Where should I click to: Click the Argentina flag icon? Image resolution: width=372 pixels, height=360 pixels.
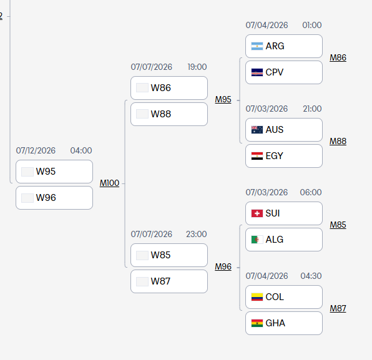point(257,46)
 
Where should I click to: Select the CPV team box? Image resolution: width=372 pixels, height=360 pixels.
point(284,72)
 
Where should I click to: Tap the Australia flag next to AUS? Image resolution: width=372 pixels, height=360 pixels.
point(257,130)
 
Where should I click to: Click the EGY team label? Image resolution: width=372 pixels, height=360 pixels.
point(274,156)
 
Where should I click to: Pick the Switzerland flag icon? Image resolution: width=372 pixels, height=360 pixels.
point(257,213)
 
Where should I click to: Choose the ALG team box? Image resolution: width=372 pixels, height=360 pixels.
point(284,240)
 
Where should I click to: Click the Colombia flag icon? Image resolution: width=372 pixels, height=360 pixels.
point(257,297)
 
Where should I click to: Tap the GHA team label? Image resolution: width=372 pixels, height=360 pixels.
point(275,323)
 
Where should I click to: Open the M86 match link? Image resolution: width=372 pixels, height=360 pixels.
point(338,57)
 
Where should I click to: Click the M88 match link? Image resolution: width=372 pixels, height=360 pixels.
point(338,141)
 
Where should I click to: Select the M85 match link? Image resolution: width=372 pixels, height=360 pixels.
point(338,225)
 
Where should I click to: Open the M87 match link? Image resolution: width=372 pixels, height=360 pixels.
point(338,308)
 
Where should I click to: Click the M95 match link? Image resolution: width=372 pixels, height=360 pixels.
point(223,99)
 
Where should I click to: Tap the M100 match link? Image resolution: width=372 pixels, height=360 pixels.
point(109,183)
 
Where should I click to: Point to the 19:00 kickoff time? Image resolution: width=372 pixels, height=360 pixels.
point(197,67)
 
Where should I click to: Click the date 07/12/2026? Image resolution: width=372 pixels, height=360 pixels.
point(36,150)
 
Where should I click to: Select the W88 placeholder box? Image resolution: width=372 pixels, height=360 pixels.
point(169,114)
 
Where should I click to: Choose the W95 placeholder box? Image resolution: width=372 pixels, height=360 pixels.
point(54,172)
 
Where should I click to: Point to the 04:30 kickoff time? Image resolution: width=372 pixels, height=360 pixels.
point(311,276)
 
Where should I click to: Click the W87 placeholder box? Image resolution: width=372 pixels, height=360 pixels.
point(169,281)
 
